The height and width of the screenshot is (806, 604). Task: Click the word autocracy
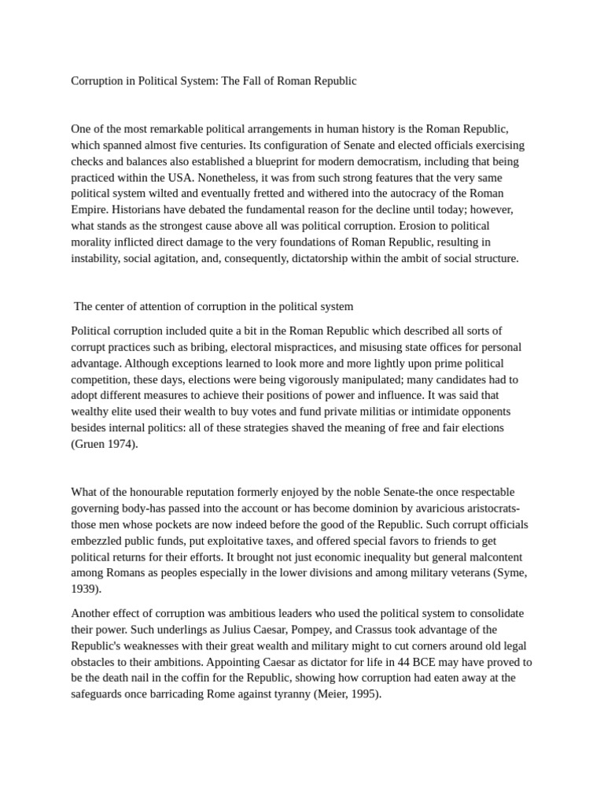pos(401,194)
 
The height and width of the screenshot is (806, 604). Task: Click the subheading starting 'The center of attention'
pos(213,306)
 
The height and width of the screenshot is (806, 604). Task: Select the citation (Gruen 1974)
pos(105,443)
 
